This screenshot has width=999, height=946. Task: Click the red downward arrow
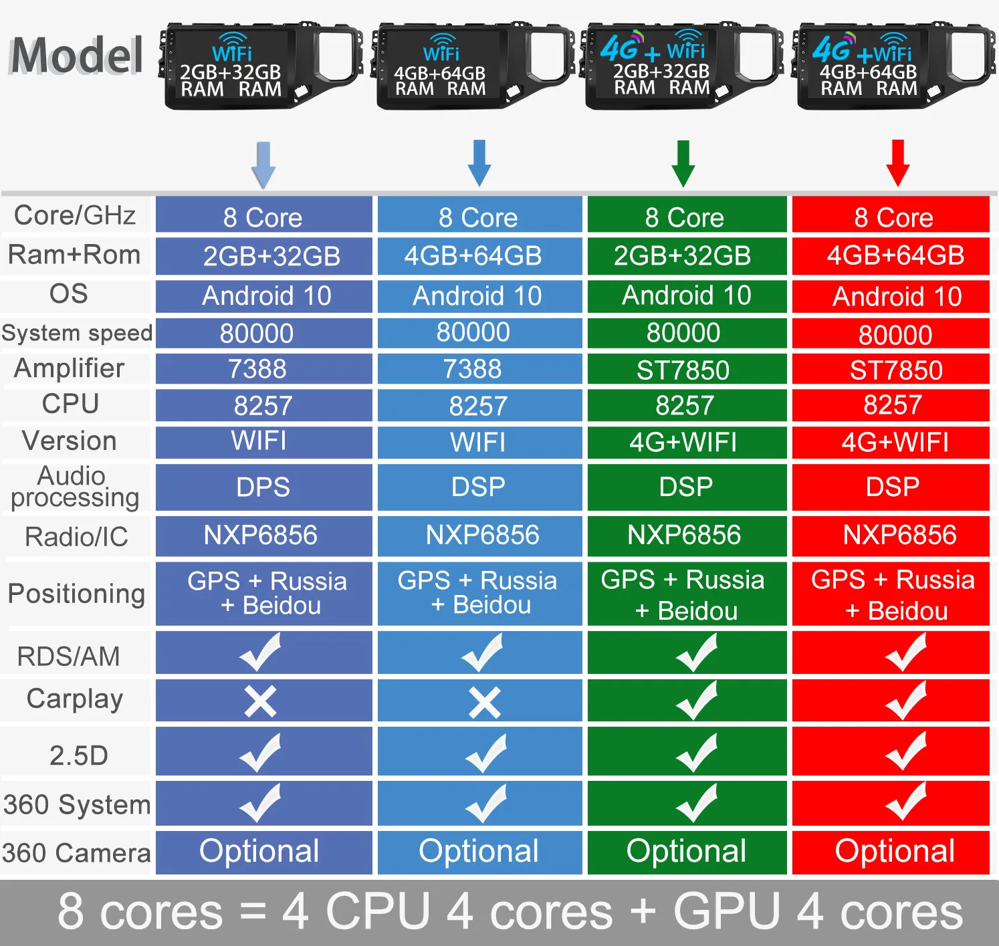point(897,162)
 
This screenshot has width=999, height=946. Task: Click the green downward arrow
point(683,163)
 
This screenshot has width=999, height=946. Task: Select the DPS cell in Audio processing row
point(263,487)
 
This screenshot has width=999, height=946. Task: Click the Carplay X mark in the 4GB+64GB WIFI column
point(484,703)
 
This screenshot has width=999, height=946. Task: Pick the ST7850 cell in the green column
point(683,370)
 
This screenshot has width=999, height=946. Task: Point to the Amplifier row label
point(70,368)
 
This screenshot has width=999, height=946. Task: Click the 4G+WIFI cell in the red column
point(895,443)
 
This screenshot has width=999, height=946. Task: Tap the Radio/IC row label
point(76,537)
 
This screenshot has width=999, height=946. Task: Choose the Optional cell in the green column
point(686,851)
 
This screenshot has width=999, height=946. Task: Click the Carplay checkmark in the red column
point(906,701)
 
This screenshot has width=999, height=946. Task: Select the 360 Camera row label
point(76,853)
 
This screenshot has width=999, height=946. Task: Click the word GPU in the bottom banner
point(726,911)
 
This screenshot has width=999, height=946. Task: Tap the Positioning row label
point(76,594)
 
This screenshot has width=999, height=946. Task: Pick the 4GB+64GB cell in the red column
point(895,255)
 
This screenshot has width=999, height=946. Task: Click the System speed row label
point(77,333)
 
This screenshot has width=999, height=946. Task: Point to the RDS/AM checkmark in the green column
point(696,653)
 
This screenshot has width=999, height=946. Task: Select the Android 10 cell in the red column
point(897,296)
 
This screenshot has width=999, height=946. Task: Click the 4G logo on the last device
point(832,48)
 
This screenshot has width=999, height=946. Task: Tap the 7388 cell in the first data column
point(257,369)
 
